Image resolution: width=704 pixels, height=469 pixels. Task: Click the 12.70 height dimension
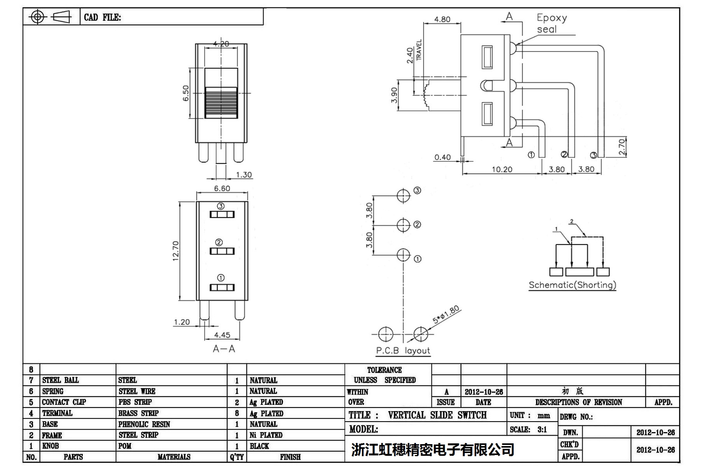tap(176, 251)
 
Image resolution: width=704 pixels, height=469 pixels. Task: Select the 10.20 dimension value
tap(502, 169)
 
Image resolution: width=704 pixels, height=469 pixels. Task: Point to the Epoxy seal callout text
tap(552, 23)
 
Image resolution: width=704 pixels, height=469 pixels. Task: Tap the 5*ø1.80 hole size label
tap(446, 315)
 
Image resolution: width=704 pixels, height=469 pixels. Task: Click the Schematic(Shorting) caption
tap(572, 285)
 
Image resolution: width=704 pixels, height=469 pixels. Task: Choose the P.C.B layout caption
tap(403, 350)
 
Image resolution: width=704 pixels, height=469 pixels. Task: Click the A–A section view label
tap(224, 349)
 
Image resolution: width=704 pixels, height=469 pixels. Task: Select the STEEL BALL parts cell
tap(60, 380)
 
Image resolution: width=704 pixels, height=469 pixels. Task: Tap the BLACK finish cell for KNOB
tap(259, 446)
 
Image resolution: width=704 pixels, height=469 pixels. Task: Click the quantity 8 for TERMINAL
tap(237, 413)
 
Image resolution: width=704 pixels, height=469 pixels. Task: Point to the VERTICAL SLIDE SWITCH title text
tap(437, 415)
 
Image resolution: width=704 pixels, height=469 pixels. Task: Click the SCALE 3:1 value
tap(542, 430)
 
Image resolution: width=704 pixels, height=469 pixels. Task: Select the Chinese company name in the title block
tap(432, 450)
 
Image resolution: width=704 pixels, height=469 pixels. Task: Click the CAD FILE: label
tap(102, 17)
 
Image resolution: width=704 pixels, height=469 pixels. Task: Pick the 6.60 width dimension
tap(222, 188)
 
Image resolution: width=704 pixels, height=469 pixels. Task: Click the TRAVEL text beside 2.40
tap(419, 50)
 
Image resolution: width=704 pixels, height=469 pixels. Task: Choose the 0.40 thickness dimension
tap(442, 157)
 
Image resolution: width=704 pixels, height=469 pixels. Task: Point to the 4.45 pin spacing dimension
tap(222, 335)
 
